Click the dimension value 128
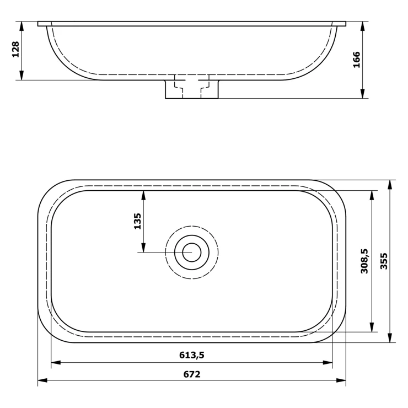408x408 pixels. [x=15, y=49]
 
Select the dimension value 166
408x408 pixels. [x=356, y=60]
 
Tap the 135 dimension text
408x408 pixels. [x=137, y=221]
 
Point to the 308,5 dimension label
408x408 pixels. [x=364, y=261]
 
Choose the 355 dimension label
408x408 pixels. [x=384, y=261]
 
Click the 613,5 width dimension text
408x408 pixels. [x=192, y=355]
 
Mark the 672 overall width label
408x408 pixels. [x=192, y=374]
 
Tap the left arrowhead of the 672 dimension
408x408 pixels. [x=42, y=380]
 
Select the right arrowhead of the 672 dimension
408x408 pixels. [x=341, y=380]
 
